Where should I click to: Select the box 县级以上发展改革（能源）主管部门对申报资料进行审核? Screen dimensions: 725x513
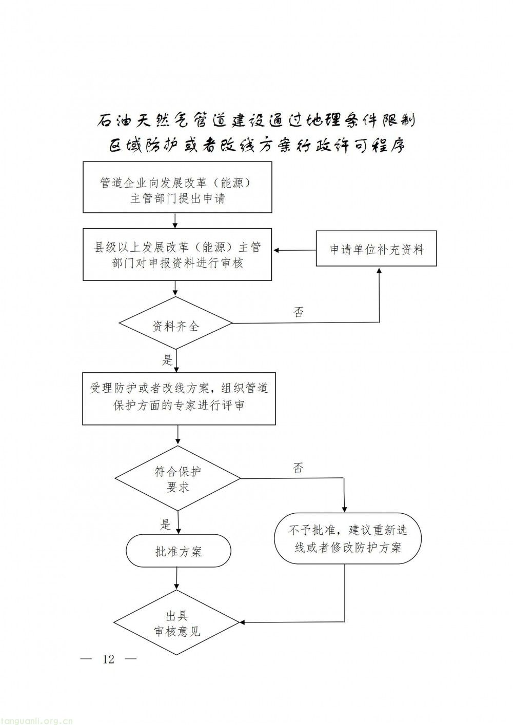(x=177, y=255)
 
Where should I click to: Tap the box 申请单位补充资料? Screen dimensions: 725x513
(x=376, y=249)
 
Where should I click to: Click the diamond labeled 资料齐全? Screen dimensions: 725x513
(x=175, y=325)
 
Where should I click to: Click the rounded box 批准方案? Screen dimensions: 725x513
(x=178, y=551)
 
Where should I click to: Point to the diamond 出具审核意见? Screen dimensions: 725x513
(x=177, y=623)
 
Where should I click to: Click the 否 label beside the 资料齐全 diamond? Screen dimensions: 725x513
(x=299, y=312)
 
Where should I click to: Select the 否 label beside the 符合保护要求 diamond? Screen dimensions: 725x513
(x=299, y=468)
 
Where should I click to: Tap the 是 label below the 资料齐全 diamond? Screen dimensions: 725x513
(x=167, y=360)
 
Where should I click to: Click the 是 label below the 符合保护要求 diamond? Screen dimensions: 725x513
(x=165, y=524)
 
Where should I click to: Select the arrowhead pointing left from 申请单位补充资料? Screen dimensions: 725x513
(x=277, y=250)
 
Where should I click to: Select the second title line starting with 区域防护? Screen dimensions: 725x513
(x=256, y=146)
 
